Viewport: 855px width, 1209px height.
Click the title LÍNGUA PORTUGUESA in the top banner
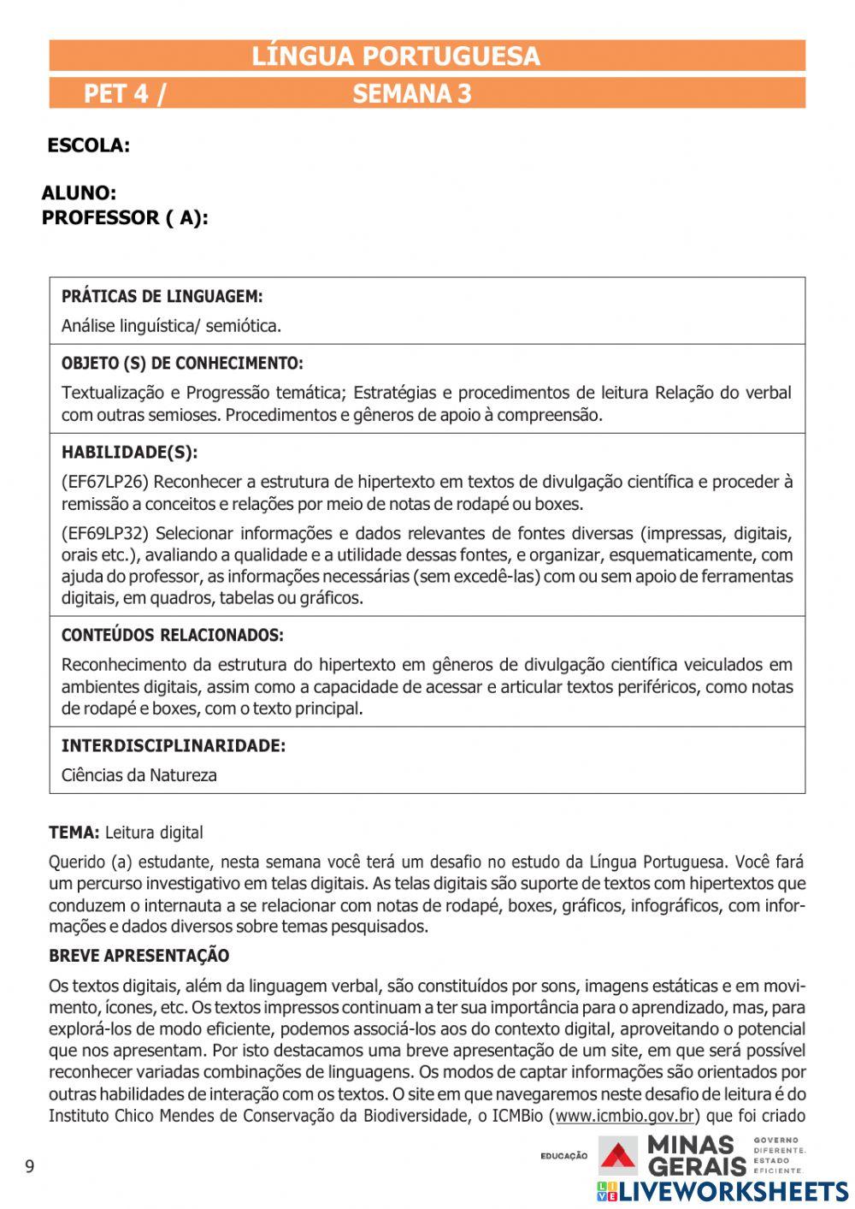395,56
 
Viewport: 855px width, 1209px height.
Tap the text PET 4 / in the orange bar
125,93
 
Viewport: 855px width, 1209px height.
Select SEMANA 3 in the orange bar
411,93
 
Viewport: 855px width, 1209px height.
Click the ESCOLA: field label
88,145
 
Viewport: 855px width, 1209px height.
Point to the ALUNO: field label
79,193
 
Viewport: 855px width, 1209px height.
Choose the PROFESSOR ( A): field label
125,218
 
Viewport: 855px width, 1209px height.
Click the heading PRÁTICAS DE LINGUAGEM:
162,297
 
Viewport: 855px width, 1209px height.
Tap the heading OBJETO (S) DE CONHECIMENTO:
182,364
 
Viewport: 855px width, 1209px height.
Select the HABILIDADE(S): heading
129,453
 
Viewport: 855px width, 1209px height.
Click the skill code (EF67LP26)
104,482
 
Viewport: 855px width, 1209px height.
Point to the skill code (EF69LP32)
104,534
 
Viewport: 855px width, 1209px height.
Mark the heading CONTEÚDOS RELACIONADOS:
172,636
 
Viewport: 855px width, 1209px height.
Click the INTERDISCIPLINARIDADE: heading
173,746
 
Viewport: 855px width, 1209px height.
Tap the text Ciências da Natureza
139,775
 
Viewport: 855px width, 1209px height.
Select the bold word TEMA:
74,833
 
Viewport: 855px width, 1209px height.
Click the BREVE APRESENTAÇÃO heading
139,956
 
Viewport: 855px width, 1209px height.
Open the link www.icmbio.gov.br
624,1115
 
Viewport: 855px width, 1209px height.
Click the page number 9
30,1167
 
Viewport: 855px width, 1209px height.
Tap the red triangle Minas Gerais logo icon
616,1156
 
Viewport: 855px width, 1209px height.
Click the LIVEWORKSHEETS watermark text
733,1192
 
